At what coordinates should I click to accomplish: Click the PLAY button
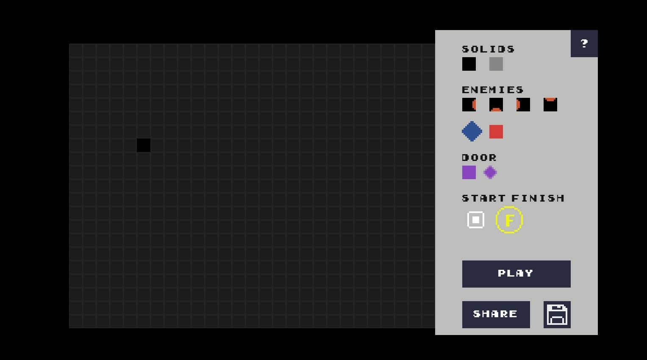coord(516,274)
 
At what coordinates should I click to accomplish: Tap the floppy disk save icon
coord(557,314)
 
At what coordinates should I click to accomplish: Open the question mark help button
coord(584,43)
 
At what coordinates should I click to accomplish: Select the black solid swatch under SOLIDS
coord(469,64)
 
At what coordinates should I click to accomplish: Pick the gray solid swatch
coord(496,64)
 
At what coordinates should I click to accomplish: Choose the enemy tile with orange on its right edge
coord(469,105)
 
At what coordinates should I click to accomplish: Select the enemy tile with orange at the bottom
coord(496,105)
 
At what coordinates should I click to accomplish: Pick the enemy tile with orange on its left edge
coord(523,105)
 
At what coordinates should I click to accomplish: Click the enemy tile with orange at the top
coord(550,105)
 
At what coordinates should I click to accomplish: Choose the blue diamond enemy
coord(472,131)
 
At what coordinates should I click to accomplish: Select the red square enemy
coord(496,132)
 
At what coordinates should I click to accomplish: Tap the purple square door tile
coord(469,172)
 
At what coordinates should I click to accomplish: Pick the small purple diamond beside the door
coord(490,172)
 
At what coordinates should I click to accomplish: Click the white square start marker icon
coord(475,220)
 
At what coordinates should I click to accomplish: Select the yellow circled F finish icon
coord(509,220)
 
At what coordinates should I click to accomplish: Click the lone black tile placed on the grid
coord(144,145)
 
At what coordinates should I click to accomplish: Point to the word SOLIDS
coord(488,49)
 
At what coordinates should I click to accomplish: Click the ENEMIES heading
coord(493,90)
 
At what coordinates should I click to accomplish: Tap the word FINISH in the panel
coord(538,198)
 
